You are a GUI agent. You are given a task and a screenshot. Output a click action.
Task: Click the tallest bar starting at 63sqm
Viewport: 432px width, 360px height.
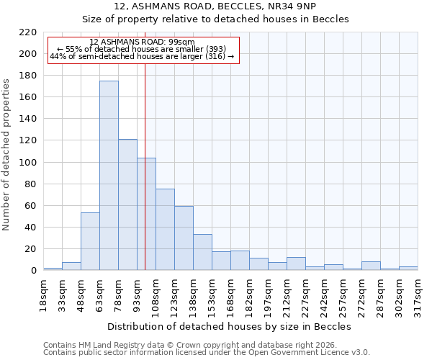(x=109, y=176)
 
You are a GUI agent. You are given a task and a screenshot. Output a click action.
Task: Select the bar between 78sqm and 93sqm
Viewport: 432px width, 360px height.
(x=127, y=204)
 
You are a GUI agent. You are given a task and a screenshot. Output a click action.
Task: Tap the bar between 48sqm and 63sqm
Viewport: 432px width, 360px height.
(x=90, y=241)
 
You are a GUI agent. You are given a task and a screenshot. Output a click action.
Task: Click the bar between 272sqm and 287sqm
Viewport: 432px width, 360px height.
(x=371, y=266)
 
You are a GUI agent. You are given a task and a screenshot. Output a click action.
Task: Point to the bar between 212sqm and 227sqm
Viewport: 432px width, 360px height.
(x=296, y=264)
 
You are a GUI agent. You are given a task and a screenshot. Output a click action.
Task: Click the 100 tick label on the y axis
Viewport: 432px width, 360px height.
(x=27, y=163)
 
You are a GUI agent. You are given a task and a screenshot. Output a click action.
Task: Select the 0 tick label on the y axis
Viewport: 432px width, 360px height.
(x=33, y=271)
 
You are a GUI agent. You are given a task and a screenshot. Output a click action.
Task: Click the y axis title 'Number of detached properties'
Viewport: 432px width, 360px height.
(x=6, y=151)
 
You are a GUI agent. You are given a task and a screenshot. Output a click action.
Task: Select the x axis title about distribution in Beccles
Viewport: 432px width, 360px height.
(x=230, y=326)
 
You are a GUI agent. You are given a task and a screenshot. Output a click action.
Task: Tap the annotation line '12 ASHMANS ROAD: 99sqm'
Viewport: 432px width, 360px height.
(x=143, y=42)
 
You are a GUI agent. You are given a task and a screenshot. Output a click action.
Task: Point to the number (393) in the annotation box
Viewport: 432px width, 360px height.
(x=214, y=49)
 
